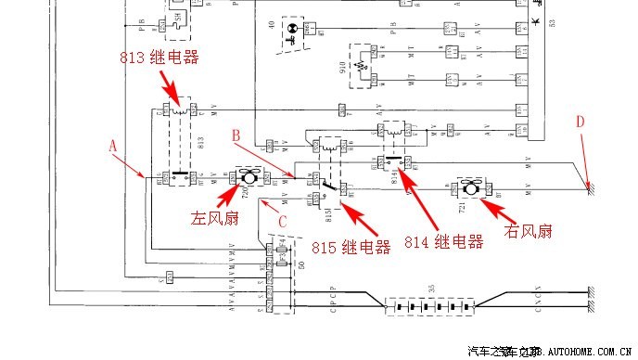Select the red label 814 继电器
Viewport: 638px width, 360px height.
(x=443, y=242)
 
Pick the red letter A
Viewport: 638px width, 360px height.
(x=113, y=146)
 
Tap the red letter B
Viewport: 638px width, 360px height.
(x=236, y=135)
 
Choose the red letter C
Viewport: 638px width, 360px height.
(x=285, y=219)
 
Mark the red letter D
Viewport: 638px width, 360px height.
(x=581, y=122)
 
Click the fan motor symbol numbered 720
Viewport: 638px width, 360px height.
(x=249, y=175)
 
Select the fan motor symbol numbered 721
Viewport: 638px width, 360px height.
(x=471, y=189)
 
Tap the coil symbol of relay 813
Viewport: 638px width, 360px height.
(x=180, y=110)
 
